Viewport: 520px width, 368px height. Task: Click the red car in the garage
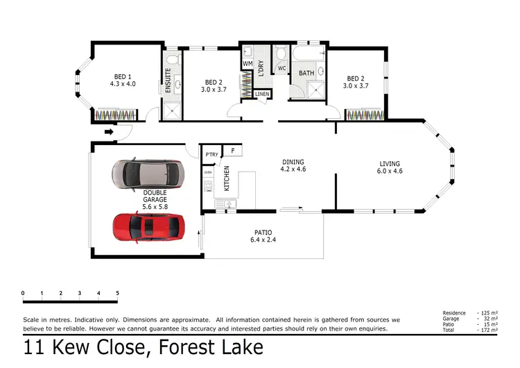pos(150,226)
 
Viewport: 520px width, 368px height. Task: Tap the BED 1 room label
pos(123,80)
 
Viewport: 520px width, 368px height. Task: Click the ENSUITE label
pos(167,80)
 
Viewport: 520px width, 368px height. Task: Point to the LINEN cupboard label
pos(262,94)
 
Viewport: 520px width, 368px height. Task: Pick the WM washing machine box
pos(248,64)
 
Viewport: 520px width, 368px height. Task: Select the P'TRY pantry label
pos(210,153)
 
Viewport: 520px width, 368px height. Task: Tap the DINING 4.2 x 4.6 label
pos(293,165)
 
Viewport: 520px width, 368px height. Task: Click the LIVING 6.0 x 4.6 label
pos(390,167)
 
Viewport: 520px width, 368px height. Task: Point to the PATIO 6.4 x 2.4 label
pos(263,236)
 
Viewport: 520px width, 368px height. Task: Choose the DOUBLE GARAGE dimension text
pos(155,206)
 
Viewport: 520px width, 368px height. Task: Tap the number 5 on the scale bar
pos(117,293)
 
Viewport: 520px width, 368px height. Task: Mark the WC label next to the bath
pos(281,69)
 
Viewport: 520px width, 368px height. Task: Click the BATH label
pos(306,73)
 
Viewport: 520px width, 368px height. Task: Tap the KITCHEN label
pos(226,178)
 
